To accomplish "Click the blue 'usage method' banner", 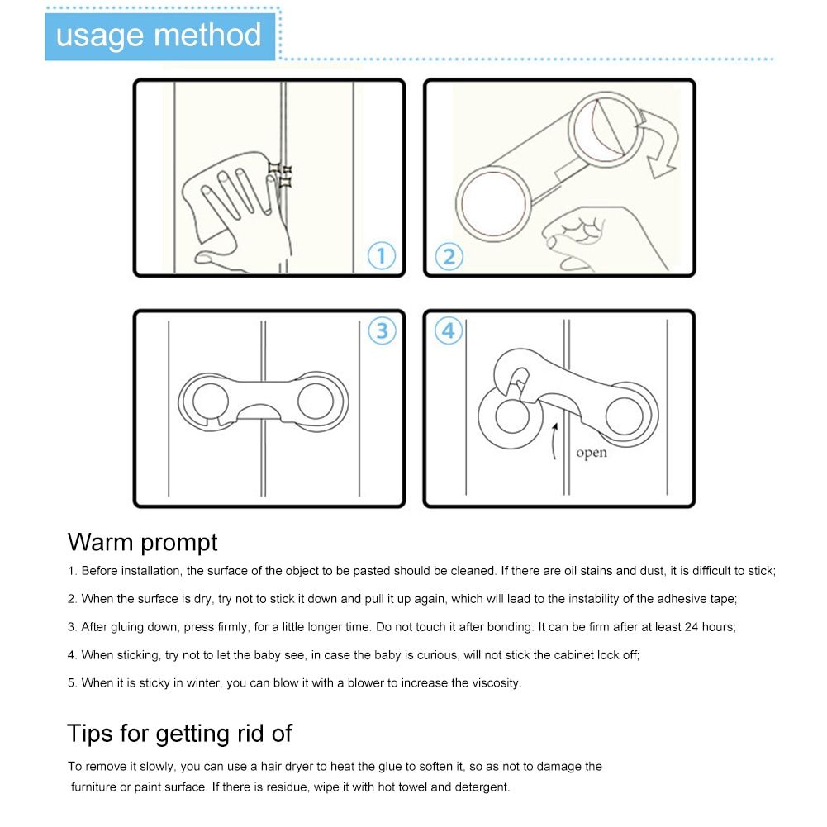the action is pyautogui.click(x=159, y=36).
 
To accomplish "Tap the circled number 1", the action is pyautogui.click(x=382, y=256).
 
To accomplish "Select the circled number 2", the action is pyautogui.click(x=449, y=257).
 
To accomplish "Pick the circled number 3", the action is pyautogui.click(x=382, y=330).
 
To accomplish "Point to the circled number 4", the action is pyautogui.click(x=449, y=330).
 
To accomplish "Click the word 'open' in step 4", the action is pyautogui.click(x=592, y=453).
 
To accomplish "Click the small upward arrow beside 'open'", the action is pyautogui.click(x=554, y=441).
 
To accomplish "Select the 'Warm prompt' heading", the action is pyautogui.click(x=142, y=543).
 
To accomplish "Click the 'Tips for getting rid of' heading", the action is pyautogui.click(x=179, y=733).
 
